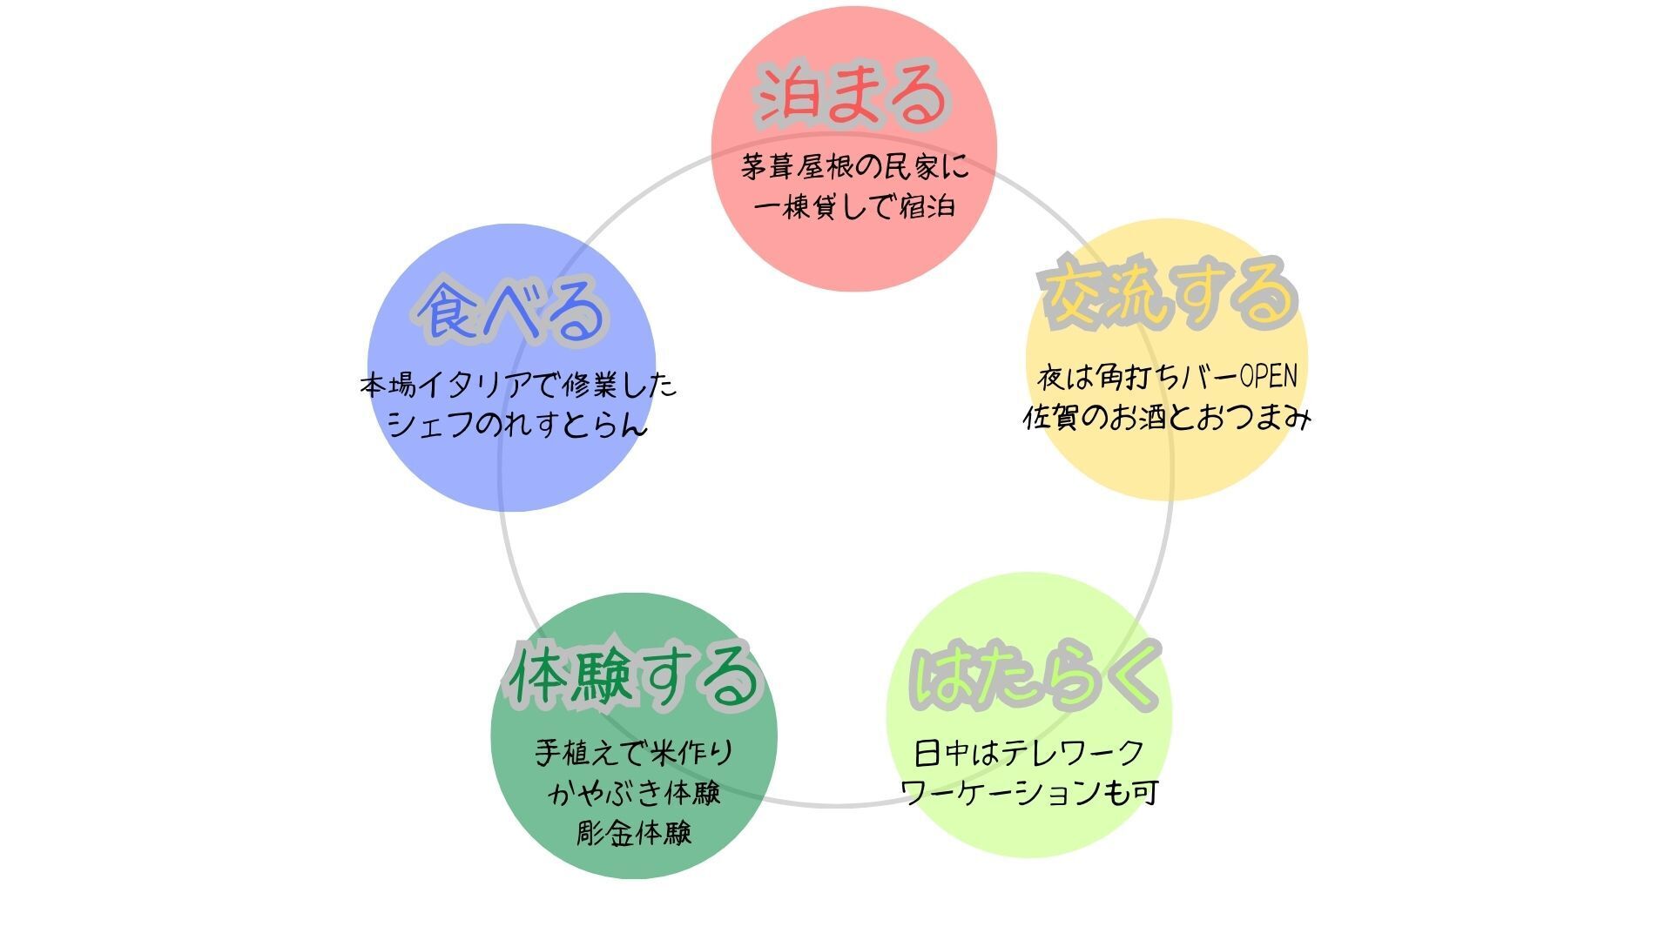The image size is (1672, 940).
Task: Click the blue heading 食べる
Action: click(509, 311)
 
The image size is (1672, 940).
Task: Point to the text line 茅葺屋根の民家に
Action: click(854, 166)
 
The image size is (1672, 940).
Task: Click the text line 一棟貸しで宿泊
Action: click(854, 207)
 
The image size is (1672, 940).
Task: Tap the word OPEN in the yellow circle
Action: click(1268, 377)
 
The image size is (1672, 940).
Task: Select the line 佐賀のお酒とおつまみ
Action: click(1167, 418)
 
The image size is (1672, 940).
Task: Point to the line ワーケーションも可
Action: click(1029, 793)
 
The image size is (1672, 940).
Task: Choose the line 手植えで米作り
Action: click(635, 753)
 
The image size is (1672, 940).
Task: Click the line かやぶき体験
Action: click(635, 793)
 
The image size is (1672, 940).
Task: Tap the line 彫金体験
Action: click(635, 833)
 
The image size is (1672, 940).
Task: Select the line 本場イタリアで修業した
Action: click(518, 385)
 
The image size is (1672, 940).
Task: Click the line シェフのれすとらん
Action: click(517, 425)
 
